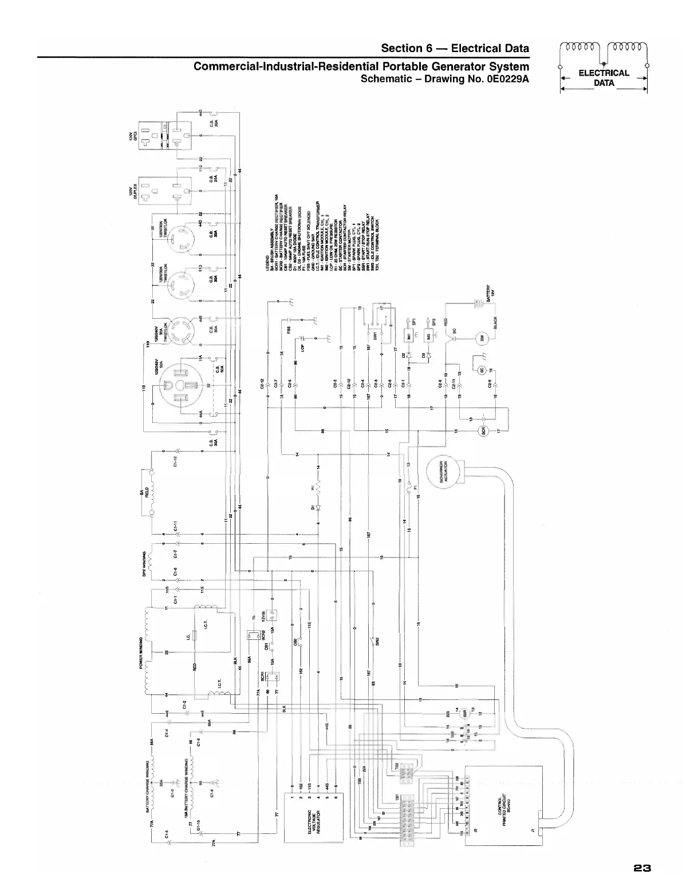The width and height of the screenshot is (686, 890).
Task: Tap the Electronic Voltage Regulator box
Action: (x=314, y=817)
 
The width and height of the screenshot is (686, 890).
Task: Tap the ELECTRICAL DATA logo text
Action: (x=604, y=77)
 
